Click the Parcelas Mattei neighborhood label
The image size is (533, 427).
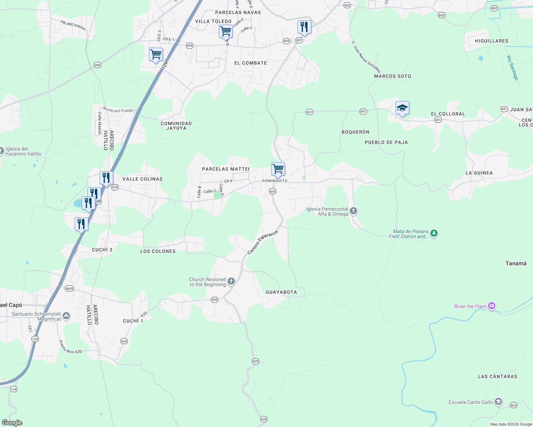(x=226, y=169)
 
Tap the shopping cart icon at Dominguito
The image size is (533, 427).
(x=278, y=169)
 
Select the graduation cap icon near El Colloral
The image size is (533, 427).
(x=402, y=108)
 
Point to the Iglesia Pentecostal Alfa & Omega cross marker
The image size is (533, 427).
(x=353, y=211)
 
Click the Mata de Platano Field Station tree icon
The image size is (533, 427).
(x=434, y=233)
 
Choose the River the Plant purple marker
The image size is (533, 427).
(x=492, y=306)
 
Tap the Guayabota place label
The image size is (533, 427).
(x=281, y=292)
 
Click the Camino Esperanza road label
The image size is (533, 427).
(x=262, y=242)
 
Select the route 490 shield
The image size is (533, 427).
(x=97, y=65)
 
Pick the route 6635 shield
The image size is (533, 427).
(x=69, y=289)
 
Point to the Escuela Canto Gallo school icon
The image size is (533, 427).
(x=498, y=402)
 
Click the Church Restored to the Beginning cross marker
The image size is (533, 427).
(x=231, y=282)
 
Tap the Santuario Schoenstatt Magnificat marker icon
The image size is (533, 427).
(x=66, y=316)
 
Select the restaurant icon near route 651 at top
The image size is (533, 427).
(x=304, y=27)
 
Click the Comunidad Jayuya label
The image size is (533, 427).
(x=176, y=126)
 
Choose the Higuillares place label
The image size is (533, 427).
(x=491, y=41)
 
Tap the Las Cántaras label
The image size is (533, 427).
(x=497, y=376)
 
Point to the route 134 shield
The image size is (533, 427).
(x=14, y=389)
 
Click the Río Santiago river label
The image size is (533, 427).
(x=512, y=68)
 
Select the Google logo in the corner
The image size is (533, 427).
(x=12, y=423)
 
